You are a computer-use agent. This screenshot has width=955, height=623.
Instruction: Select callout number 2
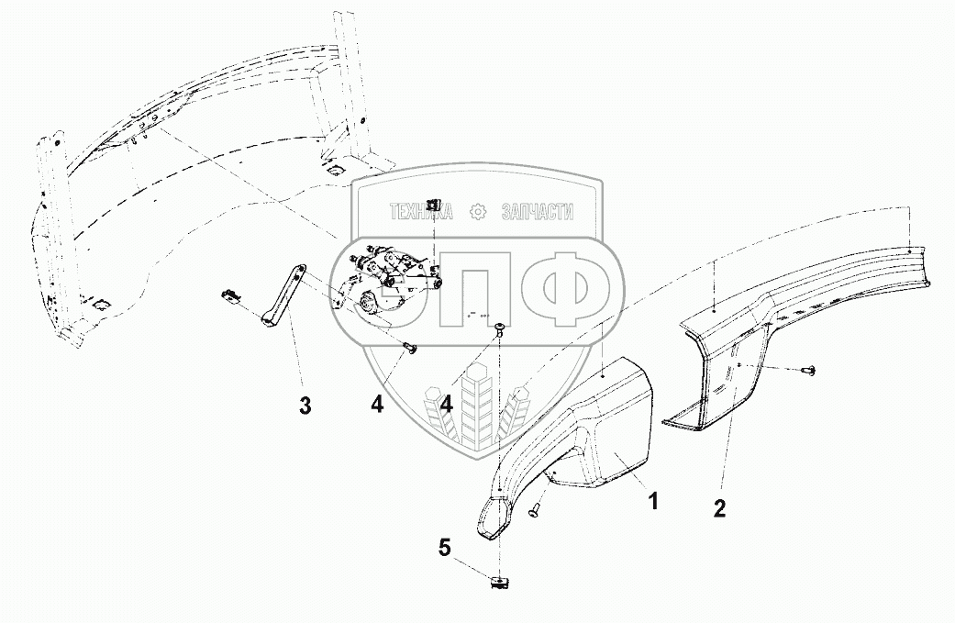(719, 507)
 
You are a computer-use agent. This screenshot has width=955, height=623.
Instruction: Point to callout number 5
(445, 548)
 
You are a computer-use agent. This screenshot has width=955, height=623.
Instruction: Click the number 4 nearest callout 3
(377, 405)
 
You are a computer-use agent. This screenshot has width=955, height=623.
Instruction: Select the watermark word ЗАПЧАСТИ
(537, 212)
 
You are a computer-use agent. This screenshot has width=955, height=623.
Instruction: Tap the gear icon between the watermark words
(477, 212)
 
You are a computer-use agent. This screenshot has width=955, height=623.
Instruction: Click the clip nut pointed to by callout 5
(499, 580)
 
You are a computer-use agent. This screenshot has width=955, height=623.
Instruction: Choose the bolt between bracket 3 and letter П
(409, 347)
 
